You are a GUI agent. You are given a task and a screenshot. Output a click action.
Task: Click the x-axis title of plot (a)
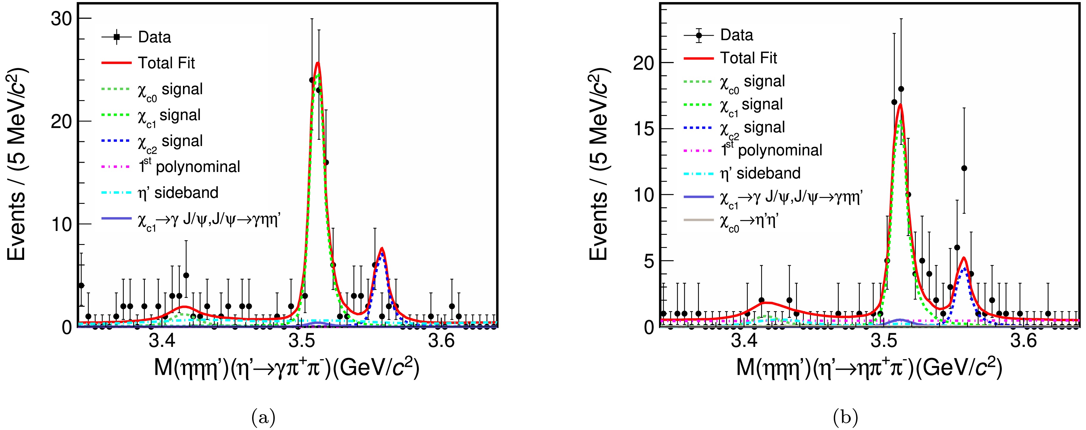point(287,368)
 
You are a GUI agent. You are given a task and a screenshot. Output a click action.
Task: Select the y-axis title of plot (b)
point(599,169)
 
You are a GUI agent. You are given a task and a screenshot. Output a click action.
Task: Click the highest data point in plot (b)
point(901,89)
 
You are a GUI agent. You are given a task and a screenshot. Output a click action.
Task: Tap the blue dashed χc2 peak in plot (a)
point(382,254)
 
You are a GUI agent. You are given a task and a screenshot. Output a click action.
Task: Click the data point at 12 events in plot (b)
point(964,168)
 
